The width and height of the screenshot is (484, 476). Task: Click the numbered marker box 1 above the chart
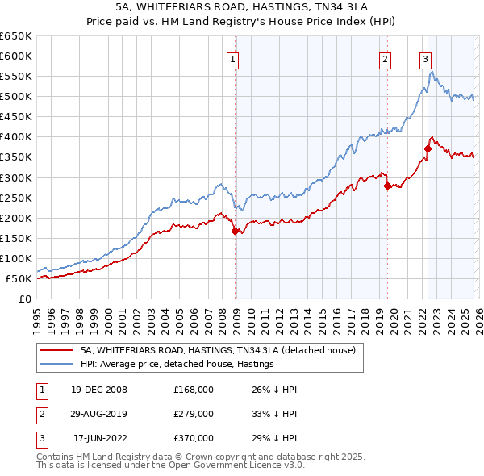click(x=232, y=57)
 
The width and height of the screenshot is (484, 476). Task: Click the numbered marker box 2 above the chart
click(x=386, y=57)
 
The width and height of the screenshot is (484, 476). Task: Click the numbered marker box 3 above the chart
click(x=425, y=57)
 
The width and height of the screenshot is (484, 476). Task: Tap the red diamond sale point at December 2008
click(x=236, y=231)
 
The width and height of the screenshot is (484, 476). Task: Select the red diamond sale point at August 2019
click(x=387, y=186)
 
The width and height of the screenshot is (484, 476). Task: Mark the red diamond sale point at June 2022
click(x=428, y=148)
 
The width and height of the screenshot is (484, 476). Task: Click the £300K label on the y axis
click(x=16, y=177)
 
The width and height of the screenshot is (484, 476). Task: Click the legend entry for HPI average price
click(x=177, y=364)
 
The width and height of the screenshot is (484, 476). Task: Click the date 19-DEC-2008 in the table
click(x=98, y=390)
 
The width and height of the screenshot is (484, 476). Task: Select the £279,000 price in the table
click(x=194, y=414)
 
